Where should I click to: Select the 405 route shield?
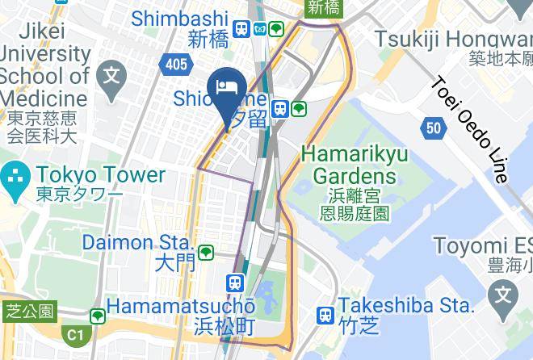point(178,65)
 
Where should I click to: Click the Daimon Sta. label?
point(138,241)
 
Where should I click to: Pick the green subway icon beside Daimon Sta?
point(206,252)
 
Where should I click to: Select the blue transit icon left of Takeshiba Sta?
point(325,314)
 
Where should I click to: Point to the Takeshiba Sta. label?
point(405,305)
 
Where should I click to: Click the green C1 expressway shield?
point(75,333)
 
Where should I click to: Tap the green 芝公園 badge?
point(30,309)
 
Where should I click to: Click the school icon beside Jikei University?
point(111,77)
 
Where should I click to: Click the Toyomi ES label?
point(482,245)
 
